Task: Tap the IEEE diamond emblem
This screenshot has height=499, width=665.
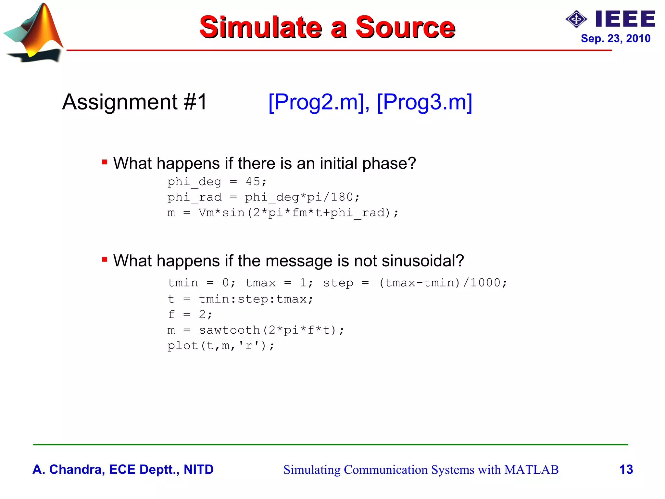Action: click(576, 19)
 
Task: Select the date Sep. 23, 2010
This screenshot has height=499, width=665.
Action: click(615, 39)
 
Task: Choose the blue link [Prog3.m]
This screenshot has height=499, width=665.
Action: click(424, 102)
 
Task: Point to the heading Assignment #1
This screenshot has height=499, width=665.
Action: click(134, 102)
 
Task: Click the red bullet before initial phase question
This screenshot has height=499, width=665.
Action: click(105, 162)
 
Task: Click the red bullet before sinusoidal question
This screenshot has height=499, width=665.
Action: click(105, 259)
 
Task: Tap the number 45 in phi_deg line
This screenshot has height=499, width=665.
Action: click(253, 181)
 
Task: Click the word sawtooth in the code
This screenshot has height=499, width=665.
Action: click(229, 330)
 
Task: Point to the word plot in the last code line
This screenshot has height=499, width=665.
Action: click(182, 346)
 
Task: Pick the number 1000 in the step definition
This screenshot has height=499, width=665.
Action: click(485, 283)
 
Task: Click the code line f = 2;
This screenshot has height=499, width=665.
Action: click(190, 314)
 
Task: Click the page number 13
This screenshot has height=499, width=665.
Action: click(626, 469)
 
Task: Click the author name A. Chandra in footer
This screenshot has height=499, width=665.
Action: click(68, 469)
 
